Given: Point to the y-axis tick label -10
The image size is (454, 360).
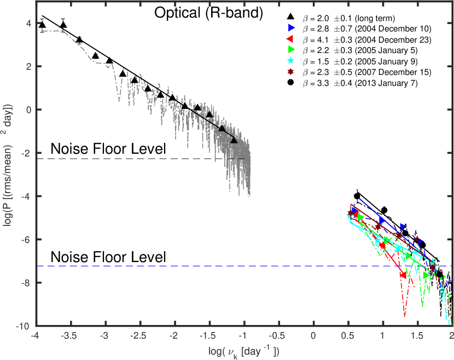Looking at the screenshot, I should [22, 327].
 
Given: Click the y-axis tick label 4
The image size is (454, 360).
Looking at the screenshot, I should [26, 24].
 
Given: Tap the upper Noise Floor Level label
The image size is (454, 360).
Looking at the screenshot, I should [108, 149].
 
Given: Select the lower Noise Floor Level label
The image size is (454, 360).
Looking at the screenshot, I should [108, 256].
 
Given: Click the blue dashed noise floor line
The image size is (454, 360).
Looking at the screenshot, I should [219, 266].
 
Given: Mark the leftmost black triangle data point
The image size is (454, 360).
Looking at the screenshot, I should [42, 25].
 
